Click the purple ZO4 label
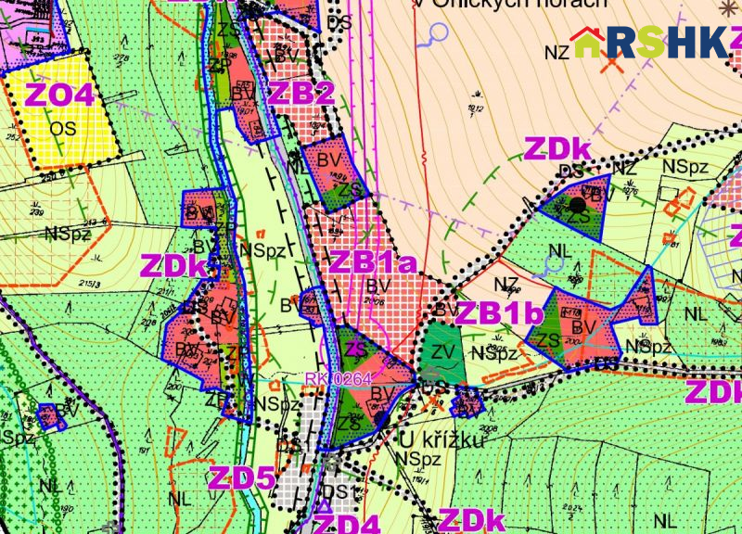59,95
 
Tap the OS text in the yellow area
63,127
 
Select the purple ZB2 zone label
300,93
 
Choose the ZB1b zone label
498,313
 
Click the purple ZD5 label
241,478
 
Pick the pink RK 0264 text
338,378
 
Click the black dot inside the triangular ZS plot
579,203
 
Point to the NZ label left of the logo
556,53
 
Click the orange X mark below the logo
610,64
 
